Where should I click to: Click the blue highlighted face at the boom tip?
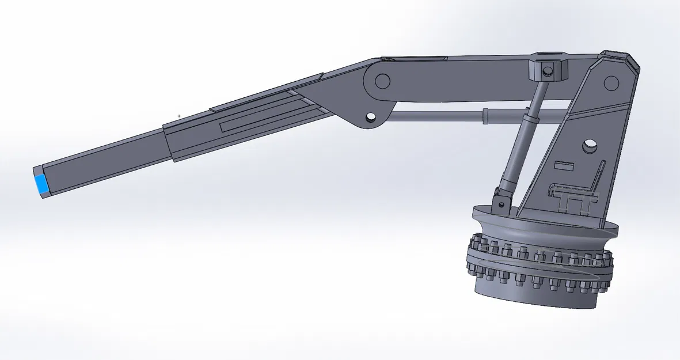coord(41,184)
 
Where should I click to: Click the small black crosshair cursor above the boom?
coord(179,116)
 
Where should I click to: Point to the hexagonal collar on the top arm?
coord(548,68)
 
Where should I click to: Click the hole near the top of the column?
coord(610,84)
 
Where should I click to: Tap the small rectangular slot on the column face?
coord(564,166)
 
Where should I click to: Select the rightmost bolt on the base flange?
coord(607,259)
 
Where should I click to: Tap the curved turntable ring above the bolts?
coord(541,228)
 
